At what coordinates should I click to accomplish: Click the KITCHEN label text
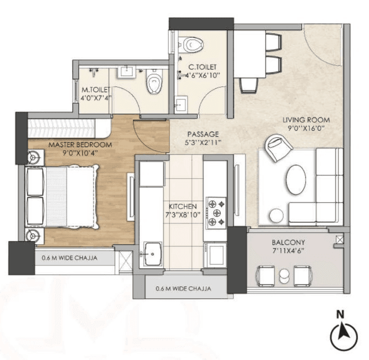coord(184,207)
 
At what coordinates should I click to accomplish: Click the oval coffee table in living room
coord(297,178)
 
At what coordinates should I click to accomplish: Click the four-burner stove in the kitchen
coord(215,211)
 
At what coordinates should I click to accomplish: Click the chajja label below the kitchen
coord(183,289)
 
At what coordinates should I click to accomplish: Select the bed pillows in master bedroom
coord(36,197)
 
